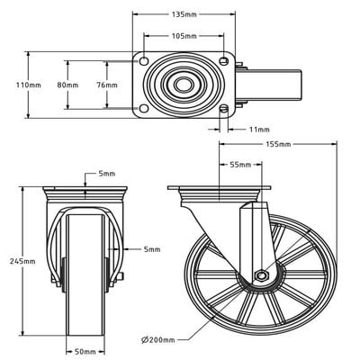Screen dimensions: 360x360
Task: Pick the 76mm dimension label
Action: (107, 85)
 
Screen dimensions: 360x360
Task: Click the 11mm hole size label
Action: (260, 130)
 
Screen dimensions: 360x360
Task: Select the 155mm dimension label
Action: (278, 144)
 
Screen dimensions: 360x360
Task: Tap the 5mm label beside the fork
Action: (151, 249)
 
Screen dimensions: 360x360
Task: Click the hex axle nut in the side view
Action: (260, 275)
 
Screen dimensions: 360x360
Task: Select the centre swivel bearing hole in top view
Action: (184, 86)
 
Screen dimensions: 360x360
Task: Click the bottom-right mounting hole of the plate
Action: (223, 110)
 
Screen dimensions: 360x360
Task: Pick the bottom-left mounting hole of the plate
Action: (144, 110)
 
